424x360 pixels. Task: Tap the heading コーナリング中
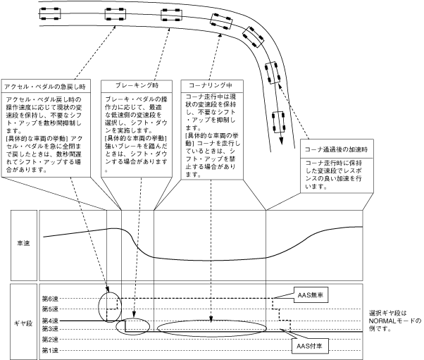[206, 85]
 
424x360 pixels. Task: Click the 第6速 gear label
[49, 299]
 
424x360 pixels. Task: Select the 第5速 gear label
[49, 309]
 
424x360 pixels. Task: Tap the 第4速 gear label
[49, 320]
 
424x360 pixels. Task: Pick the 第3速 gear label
[49, 329]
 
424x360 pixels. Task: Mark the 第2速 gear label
[49, 340]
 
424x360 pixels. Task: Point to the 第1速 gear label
[49, 349]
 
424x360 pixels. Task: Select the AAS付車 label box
[311, 347]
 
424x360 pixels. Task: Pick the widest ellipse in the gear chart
[212, 328]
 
